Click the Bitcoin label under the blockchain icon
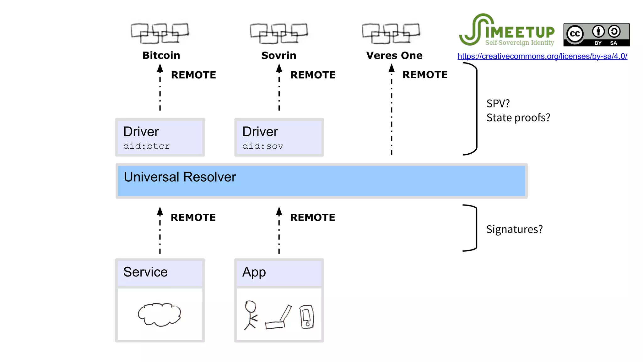coord(161,55)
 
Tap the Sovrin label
coord(278,55)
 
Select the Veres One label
coord(394,55)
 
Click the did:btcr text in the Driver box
coord(146,146)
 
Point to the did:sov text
coord(262,146)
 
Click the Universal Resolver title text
coord(180,177)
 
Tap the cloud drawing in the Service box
coord(159,314)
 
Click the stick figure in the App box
coord(251,315)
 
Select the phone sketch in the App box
coord(307,317)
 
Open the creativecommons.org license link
coord(542,56)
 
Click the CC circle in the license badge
coord(575,34)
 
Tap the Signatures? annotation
coord(514,229)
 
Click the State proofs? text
coord(518,118)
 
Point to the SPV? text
coord(498,103)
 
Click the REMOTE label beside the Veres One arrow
coord(425,75)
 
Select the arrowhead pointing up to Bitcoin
coord(160,68)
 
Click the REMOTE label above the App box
coord(312,217)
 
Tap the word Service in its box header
coord(145,272)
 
